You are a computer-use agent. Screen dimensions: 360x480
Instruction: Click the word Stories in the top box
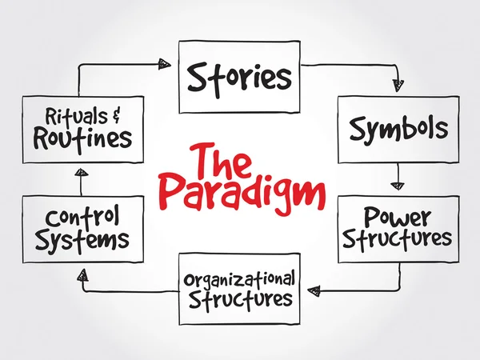pyautogui.click(x=239, y=78)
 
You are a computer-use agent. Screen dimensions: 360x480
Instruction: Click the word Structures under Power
pyautogui.click(x=398, y=238)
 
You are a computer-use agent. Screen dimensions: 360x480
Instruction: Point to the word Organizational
pyautogui.click(x=240, y=280)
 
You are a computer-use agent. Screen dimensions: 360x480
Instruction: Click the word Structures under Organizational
pyautogui.click(x=240, y=300)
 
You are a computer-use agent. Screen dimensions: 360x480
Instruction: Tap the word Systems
pyautogui.click(x=82, y=238)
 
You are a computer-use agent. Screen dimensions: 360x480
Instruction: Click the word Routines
pyautogui.click(x=82, y=138)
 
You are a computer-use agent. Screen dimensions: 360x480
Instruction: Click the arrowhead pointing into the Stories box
pyautogui.click(x=165, y=63)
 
